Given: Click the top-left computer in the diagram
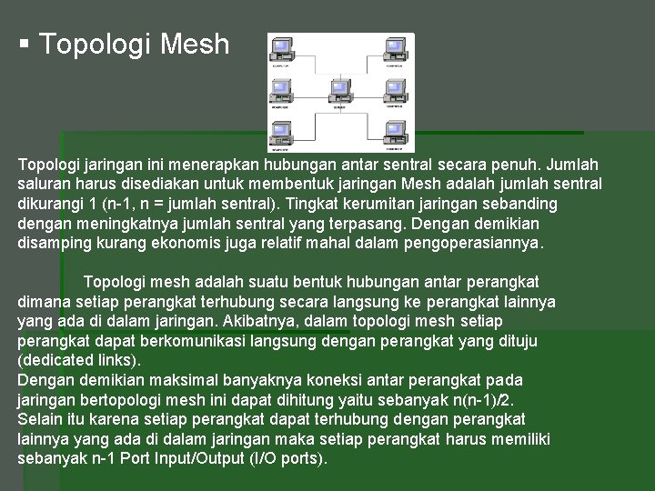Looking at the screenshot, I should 281,50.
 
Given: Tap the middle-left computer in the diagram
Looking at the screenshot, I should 281,88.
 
